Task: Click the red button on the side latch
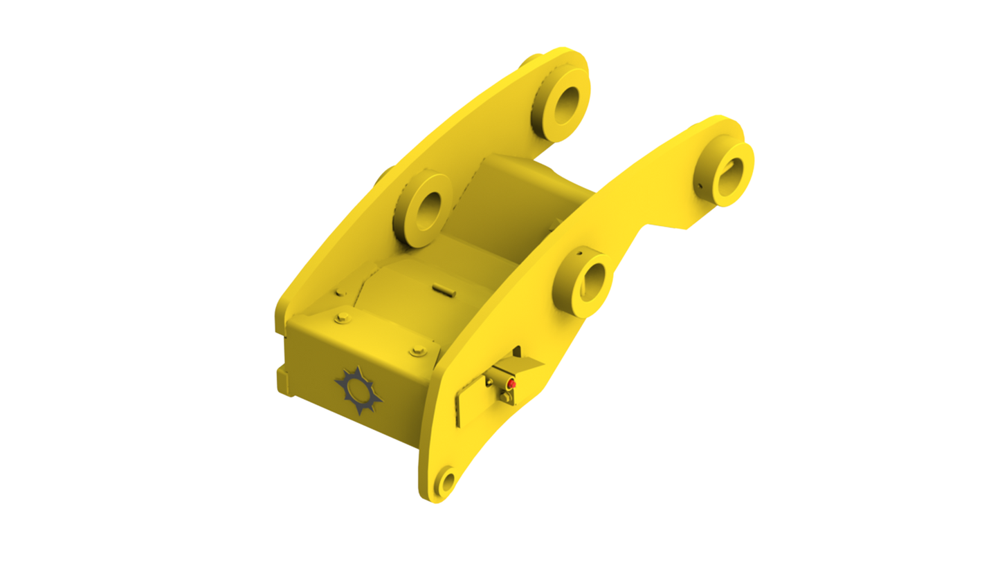click(512, 384)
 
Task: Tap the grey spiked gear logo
click(358, 391)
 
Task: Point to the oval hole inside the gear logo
click(358, 391)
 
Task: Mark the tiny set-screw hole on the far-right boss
click(699, 185)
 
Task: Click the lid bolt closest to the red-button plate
click(417, 351)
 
